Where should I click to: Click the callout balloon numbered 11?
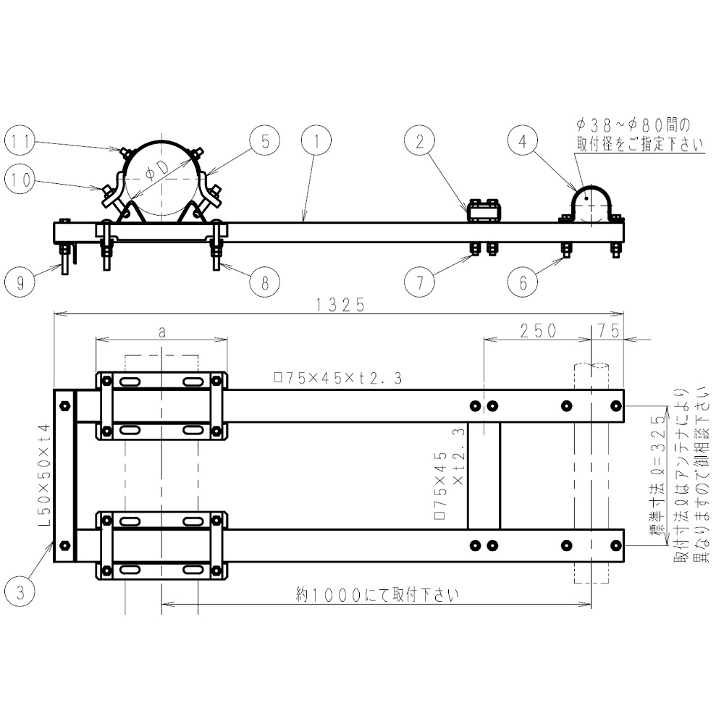tap(21, 142)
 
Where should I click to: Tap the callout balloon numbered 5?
tap(265, 142)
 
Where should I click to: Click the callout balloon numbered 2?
tap(420, 142)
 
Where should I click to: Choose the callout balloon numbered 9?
tap(21, 282)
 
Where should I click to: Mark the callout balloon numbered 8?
tap(265, 282)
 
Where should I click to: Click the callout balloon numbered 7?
tap(420, 282)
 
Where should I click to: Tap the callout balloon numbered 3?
tap(21, 594)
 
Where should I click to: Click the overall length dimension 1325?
tap(340, 305)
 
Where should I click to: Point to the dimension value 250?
tap(537, 330)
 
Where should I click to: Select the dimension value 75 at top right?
tap(609, 330)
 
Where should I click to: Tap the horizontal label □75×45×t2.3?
tap(337, 376)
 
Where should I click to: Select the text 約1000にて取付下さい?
tap(377, 595)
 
